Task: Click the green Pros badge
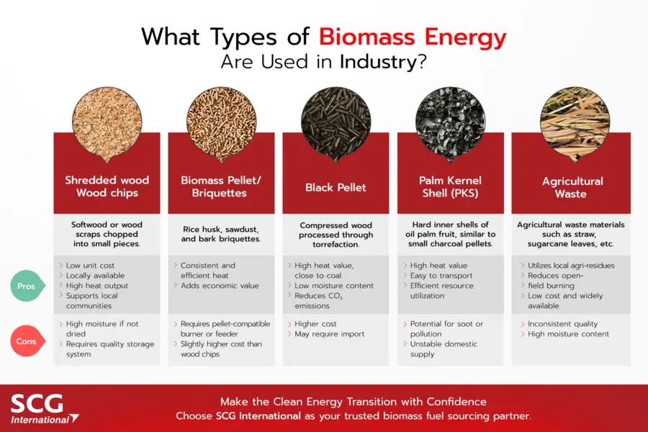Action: (26, 286)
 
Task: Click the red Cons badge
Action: (26, 341)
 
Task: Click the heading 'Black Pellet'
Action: (336, 187)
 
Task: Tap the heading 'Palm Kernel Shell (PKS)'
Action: (450, 186)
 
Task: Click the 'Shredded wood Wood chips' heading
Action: (107, 186)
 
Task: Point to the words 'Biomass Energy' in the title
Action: (413, 37)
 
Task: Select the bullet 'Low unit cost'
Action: (90, 266)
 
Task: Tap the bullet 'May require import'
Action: (329, 334)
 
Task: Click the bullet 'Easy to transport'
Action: (441, 276)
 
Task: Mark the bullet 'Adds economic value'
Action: (220, 286)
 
